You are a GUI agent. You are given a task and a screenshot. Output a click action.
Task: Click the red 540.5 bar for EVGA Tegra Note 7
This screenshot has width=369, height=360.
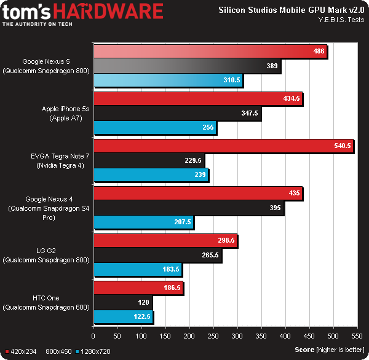[x=223, y=146]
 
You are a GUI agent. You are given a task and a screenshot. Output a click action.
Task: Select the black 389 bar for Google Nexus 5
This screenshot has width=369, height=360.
[x=187, y=66]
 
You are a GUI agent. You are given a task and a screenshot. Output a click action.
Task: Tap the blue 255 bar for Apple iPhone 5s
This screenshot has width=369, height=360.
[x=155, y=128]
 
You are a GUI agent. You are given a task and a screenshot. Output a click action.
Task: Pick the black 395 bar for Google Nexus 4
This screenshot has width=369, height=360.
[x=188, y=208]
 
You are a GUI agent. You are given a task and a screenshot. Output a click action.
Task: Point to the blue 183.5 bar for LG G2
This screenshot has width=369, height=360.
[x=137, y=269]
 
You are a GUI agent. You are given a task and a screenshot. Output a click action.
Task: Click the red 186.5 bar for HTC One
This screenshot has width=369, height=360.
[x=138, y=288]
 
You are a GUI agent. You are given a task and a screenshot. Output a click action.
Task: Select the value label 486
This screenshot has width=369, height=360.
[x=319, y=52]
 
